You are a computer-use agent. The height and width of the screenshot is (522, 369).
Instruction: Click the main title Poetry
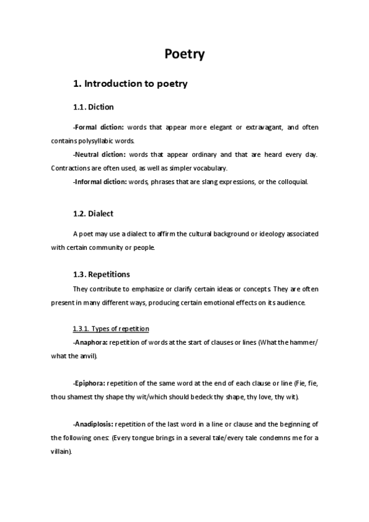[x=184, y=54]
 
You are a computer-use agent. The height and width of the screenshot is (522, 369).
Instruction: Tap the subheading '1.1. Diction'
[x=93, y=107]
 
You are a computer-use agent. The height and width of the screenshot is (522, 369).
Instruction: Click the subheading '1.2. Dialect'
[x=93, y=214]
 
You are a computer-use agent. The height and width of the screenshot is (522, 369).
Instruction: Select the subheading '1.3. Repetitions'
[x=101, y=274]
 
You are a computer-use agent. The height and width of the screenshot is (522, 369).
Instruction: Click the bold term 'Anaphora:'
[x=91, y=342]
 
